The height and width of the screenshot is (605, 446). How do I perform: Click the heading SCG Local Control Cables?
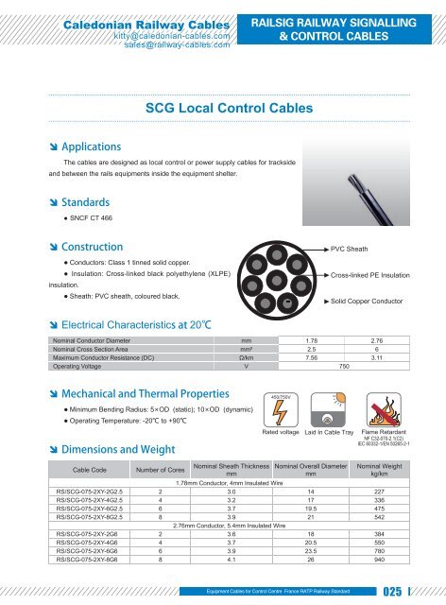point(222,110)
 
